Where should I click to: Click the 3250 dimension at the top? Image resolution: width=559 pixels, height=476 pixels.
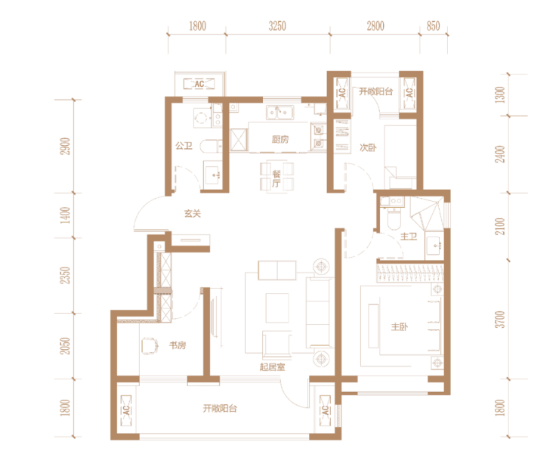277,26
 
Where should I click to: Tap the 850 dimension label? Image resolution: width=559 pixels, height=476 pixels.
433,26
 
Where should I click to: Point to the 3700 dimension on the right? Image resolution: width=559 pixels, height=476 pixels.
501,320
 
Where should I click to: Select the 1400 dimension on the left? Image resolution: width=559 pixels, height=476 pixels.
65,215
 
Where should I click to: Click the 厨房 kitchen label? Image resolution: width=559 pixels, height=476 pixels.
279,140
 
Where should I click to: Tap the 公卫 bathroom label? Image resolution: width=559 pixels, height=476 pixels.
184,146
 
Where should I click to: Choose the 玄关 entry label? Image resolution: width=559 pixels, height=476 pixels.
193,214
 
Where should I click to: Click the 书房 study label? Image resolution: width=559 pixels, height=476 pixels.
178,345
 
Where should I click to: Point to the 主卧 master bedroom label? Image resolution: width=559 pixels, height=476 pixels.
400,326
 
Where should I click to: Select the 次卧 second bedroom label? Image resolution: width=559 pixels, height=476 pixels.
368,147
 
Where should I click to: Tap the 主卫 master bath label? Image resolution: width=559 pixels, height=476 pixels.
409,236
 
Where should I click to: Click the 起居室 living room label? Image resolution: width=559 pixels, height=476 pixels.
273,367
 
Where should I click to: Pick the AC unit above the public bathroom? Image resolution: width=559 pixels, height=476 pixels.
199,84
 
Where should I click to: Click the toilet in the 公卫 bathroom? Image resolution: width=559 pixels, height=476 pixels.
211,146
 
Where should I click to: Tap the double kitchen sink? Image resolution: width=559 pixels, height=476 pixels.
279,113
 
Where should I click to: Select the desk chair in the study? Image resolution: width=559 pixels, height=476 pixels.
150,345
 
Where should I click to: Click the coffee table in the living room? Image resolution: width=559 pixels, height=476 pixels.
277,308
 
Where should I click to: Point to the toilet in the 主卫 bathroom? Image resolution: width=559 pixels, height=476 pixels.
394,220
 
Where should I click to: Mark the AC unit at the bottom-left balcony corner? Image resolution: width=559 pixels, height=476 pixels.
126,410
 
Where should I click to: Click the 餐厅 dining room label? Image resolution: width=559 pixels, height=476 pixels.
276,179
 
